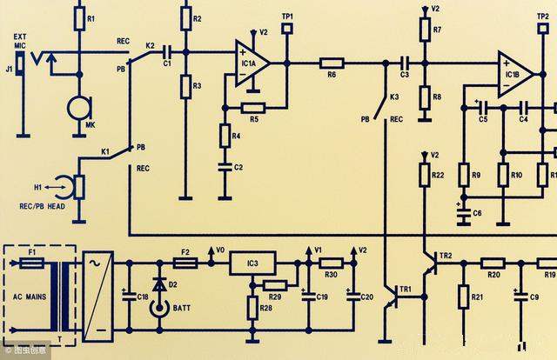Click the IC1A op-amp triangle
click(252, 63)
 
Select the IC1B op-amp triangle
click(514, 75)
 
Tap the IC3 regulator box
click(252, 263)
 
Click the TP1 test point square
click(287, 29)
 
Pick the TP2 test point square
click(542, 28)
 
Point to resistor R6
click(332, 63)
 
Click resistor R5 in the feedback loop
click(253, 108)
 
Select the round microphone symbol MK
click(80, 109)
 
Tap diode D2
click(159, 284)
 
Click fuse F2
click(185, 263)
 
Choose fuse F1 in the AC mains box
click(32, 263)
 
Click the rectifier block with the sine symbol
click(98, 297)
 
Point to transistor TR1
click(393, 297)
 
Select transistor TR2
click(431, 263)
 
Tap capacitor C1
click(167, 52)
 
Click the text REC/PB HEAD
click(43, 206)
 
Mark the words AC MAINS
click(30, 297)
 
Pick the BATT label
click(182, 308)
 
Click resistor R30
click(331, 263)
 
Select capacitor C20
click(353, 297)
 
